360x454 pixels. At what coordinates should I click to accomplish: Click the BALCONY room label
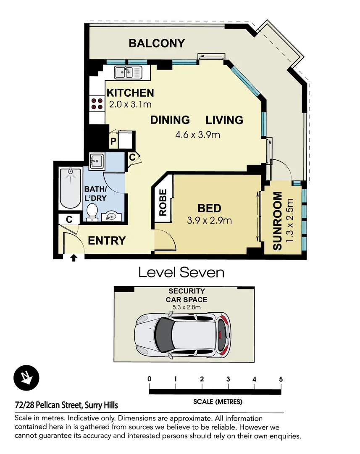click(x=157, y=43)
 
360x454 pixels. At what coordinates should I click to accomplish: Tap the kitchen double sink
click(x=129, y=72)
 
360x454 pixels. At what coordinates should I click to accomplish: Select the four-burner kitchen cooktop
click(x=97, y=103)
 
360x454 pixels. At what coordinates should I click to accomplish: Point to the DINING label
click(x=170, y=120)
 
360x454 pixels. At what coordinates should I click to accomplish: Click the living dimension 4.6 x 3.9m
click(x=197, y=135)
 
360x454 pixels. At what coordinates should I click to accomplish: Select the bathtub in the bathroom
click(x=71, y=188)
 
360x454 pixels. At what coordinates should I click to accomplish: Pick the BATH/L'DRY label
click(x=95, y=193)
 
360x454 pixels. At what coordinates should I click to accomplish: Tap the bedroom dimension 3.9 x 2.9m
click(x=209, y=220)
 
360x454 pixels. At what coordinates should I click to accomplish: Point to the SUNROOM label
click(x=278, y=221)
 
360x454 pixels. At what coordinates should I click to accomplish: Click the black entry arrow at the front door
click(x=74, y=258)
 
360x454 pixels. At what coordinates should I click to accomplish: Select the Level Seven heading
click(x=181, y=272)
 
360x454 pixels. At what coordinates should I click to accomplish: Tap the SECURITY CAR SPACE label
click(x=187, y=295)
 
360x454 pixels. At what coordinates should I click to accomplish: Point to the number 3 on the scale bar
click(x=228, y=379)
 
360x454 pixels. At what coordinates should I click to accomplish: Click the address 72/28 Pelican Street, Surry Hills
click(x=66, y=406)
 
